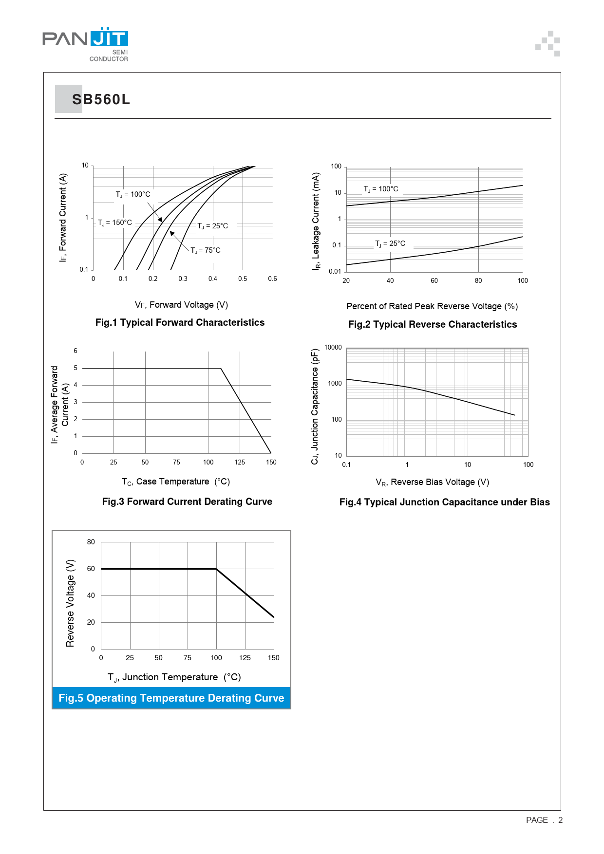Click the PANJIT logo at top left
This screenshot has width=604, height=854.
click(85, 44)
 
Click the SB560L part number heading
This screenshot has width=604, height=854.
click(101, 99)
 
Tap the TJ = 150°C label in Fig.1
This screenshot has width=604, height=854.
click(115, 223)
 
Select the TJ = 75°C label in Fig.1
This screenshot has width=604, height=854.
click(206, 250)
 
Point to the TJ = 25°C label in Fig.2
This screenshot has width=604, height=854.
click(390, 243)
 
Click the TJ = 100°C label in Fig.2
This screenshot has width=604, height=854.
click(381, 189)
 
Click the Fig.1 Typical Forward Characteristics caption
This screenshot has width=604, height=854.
click(180, 322)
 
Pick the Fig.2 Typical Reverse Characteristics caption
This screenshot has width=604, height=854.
click(433, 324)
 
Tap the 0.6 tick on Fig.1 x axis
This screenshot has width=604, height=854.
click(272, 278)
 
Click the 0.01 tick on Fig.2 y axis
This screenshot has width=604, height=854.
click(335, 271)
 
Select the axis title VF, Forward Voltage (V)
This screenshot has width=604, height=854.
click(181, 305)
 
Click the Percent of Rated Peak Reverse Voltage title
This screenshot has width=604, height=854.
click(432, 306)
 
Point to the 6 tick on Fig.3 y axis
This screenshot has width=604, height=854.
click(75, 351)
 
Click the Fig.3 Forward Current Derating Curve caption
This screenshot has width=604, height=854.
click(187, 501)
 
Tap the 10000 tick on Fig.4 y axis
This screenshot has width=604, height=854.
click(333, 347)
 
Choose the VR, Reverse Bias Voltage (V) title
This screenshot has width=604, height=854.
click(432, 482)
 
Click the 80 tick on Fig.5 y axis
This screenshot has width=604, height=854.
click(91, 542)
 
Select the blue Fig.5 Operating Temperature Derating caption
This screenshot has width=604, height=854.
click(171, 698)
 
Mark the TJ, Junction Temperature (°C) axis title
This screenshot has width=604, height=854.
click(174, 677)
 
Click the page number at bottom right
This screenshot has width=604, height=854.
click(544, 820)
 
